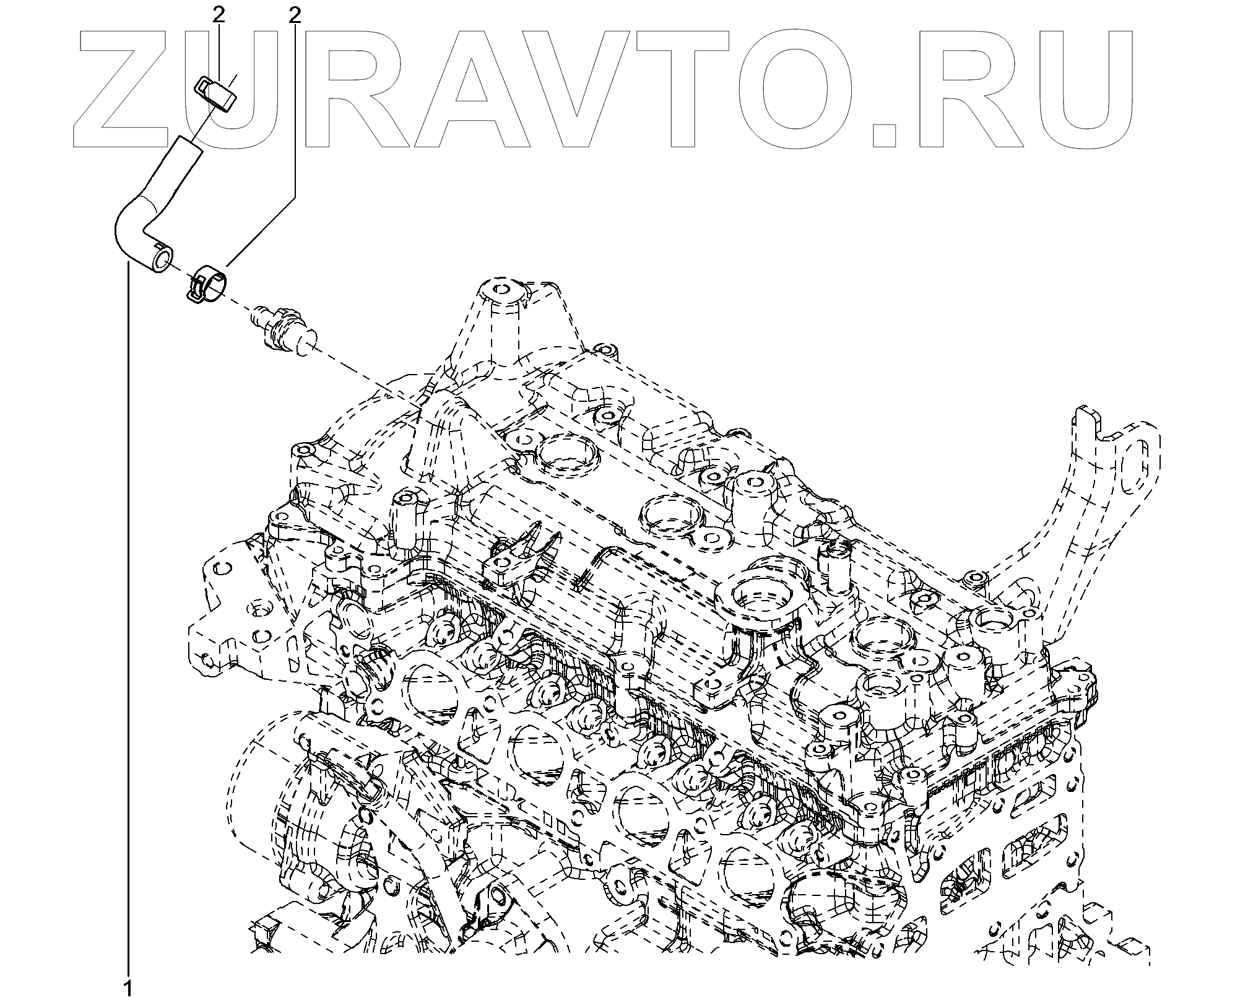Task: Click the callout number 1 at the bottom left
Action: pyautogui.click(x=128, y=988)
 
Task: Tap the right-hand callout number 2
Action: pyautogui.click(x=295, y=15)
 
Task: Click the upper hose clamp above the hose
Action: pyautogui.click(x=214, y=93)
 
